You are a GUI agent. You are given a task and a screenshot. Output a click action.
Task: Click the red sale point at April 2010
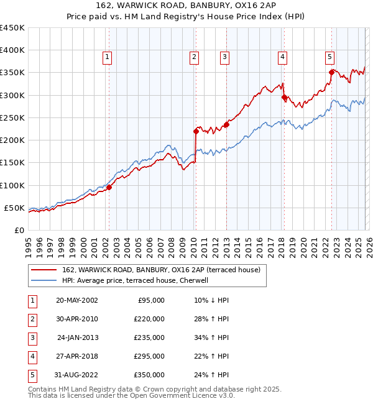tap(196, 131)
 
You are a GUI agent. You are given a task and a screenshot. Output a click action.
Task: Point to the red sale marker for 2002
tap(109, 187)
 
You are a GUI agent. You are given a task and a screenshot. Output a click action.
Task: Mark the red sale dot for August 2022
tap(331, 72)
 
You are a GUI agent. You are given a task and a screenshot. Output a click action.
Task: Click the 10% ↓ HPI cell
tap(211, 300)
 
